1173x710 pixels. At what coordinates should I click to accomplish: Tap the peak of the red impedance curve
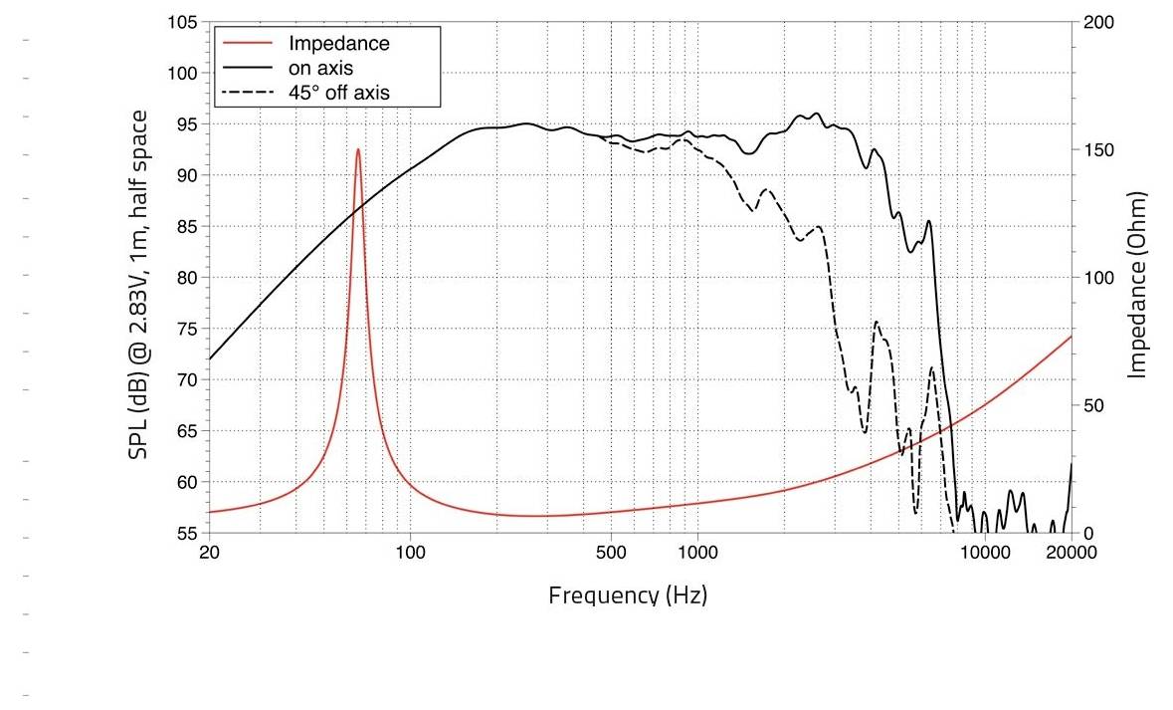click(358, 149)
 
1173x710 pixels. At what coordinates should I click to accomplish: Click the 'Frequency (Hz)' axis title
click(628, 595)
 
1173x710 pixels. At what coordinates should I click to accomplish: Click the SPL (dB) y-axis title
click(140, 284)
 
